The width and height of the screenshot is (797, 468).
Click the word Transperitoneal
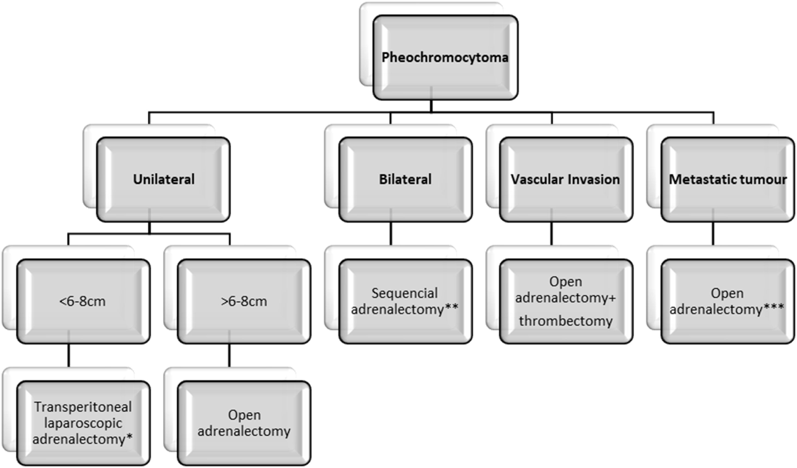coord(83,407)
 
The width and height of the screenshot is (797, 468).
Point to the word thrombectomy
coord(565,321)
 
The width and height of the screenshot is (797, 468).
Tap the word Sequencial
coord(405,293)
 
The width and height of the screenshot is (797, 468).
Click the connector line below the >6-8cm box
coord(229,355)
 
